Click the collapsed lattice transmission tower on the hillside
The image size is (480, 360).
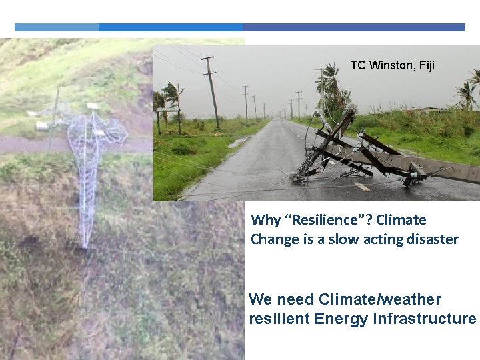(87, 167)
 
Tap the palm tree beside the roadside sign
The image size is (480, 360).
(173, 100)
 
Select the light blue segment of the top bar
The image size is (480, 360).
(57, 27)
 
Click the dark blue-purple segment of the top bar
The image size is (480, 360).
(353, 27)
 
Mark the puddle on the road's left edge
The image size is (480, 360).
(237, 143)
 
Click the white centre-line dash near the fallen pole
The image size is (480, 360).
(361, 186)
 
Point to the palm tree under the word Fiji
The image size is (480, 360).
(467, 93)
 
